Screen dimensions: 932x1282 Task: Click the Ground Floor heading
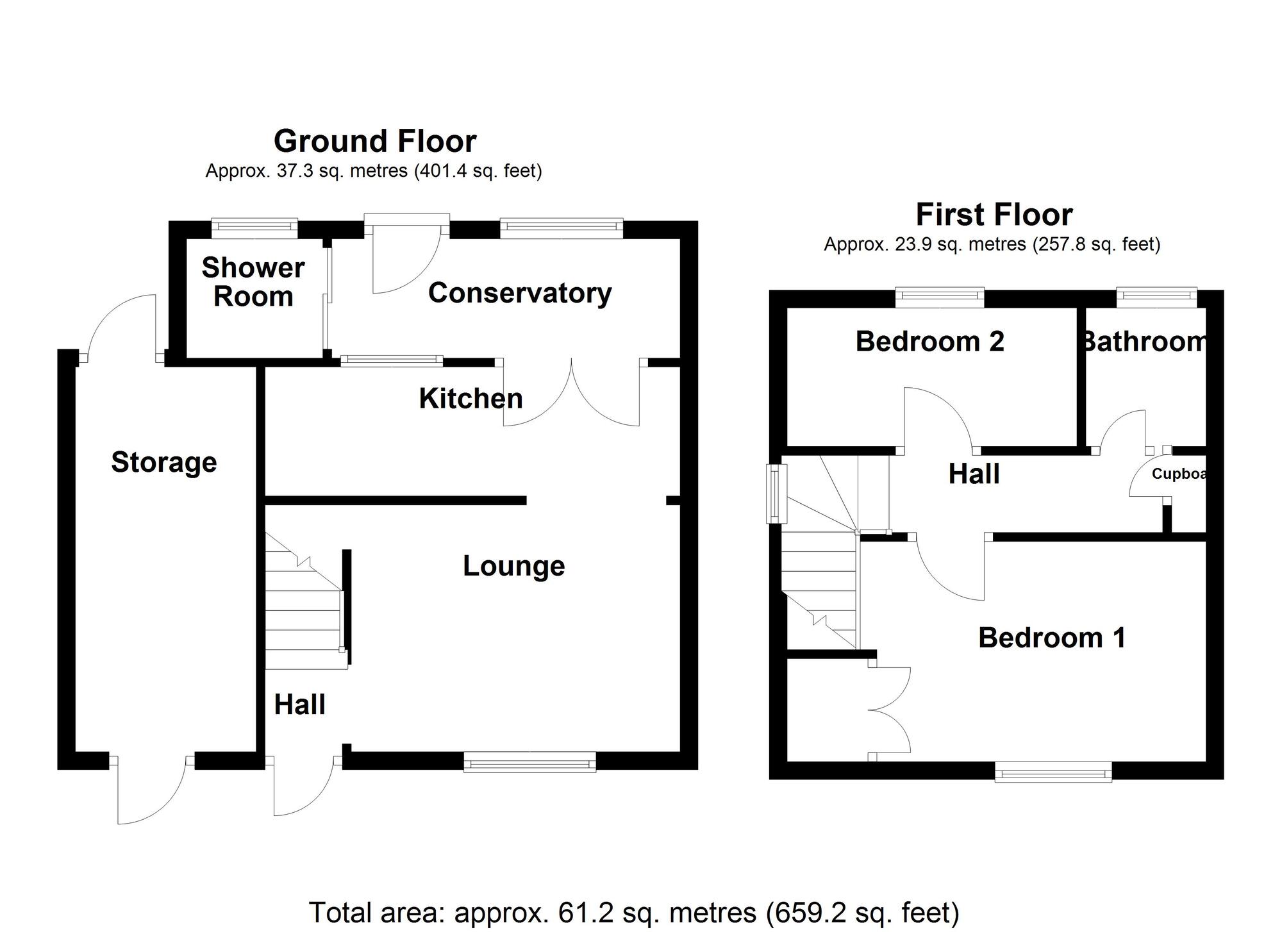[375, 141]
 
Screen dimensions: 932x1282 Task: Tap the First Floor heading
[994, 215]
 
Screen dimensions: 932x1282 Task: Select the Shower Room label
[253, 282]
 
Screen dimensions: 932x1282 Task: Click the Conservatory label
[520, 293]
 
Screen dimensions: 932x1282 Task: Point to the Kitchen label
[470, 399]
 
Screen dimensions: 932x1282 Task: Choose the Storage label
[164, 462]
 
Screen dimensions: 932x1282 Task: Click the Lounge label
[513, 566]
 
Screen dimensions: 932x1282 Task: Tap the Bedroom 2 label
[929, 342]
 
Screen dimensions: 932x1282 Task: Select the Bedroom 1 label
[1051, 638]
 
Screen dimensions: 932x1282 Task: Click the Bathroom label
[1144, 342]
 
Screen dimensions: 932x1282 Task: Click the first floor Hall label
[974, 474]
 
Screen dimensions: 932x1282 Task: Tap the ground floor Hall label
[299, 705]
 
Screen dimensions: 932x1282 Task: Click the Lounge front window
[529, 762]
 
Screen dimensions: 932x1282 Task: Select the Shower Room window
[254, 226]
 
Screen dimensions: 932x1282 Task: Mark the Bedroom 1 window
[1053, 772]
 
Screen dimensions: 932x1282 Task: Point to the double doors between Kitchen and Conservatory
[570, 391]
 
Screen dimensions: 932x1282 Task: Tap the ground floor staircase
[304, 615]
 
